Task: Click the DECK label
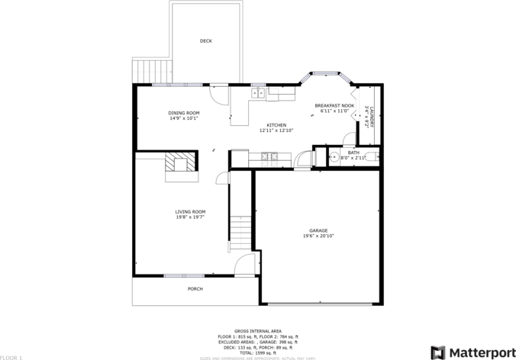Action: (x=205, y=41)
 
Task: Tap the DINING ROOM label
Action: (x=184, y=113)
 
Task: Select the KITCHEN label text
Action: (x=276, y=125)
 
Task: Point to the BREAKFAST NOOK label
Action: (x=334, y=106)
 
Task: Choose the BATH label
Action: (x=353, y=153)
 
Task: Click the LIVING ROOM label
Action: (x=190, y=212)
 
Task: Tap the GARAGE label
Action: (x=318, y=230)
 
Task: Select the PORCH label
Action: (x=195, y=289)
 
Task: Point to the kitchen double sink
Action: (x=259, y=93)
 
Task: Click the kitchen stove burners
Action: (x=268, y=157)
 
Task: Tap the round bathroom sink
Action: (x=334, y=157)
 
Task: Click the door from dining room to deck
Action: (x=221, y=95)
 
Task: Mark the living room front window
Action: (x=183, y=275)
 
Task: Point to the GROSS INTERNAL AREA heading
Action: (x=255, y=330)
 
